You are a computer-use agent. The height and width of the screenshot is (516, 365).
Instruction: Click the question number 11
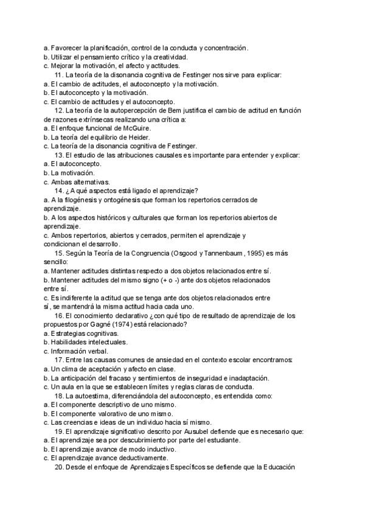coord(59,75)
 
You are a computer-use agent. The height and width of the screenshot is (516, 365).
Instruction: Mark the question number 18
coord(59,396)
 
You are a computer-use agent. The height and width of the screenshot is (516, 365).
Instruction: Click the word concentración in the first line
coord(226,47)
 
